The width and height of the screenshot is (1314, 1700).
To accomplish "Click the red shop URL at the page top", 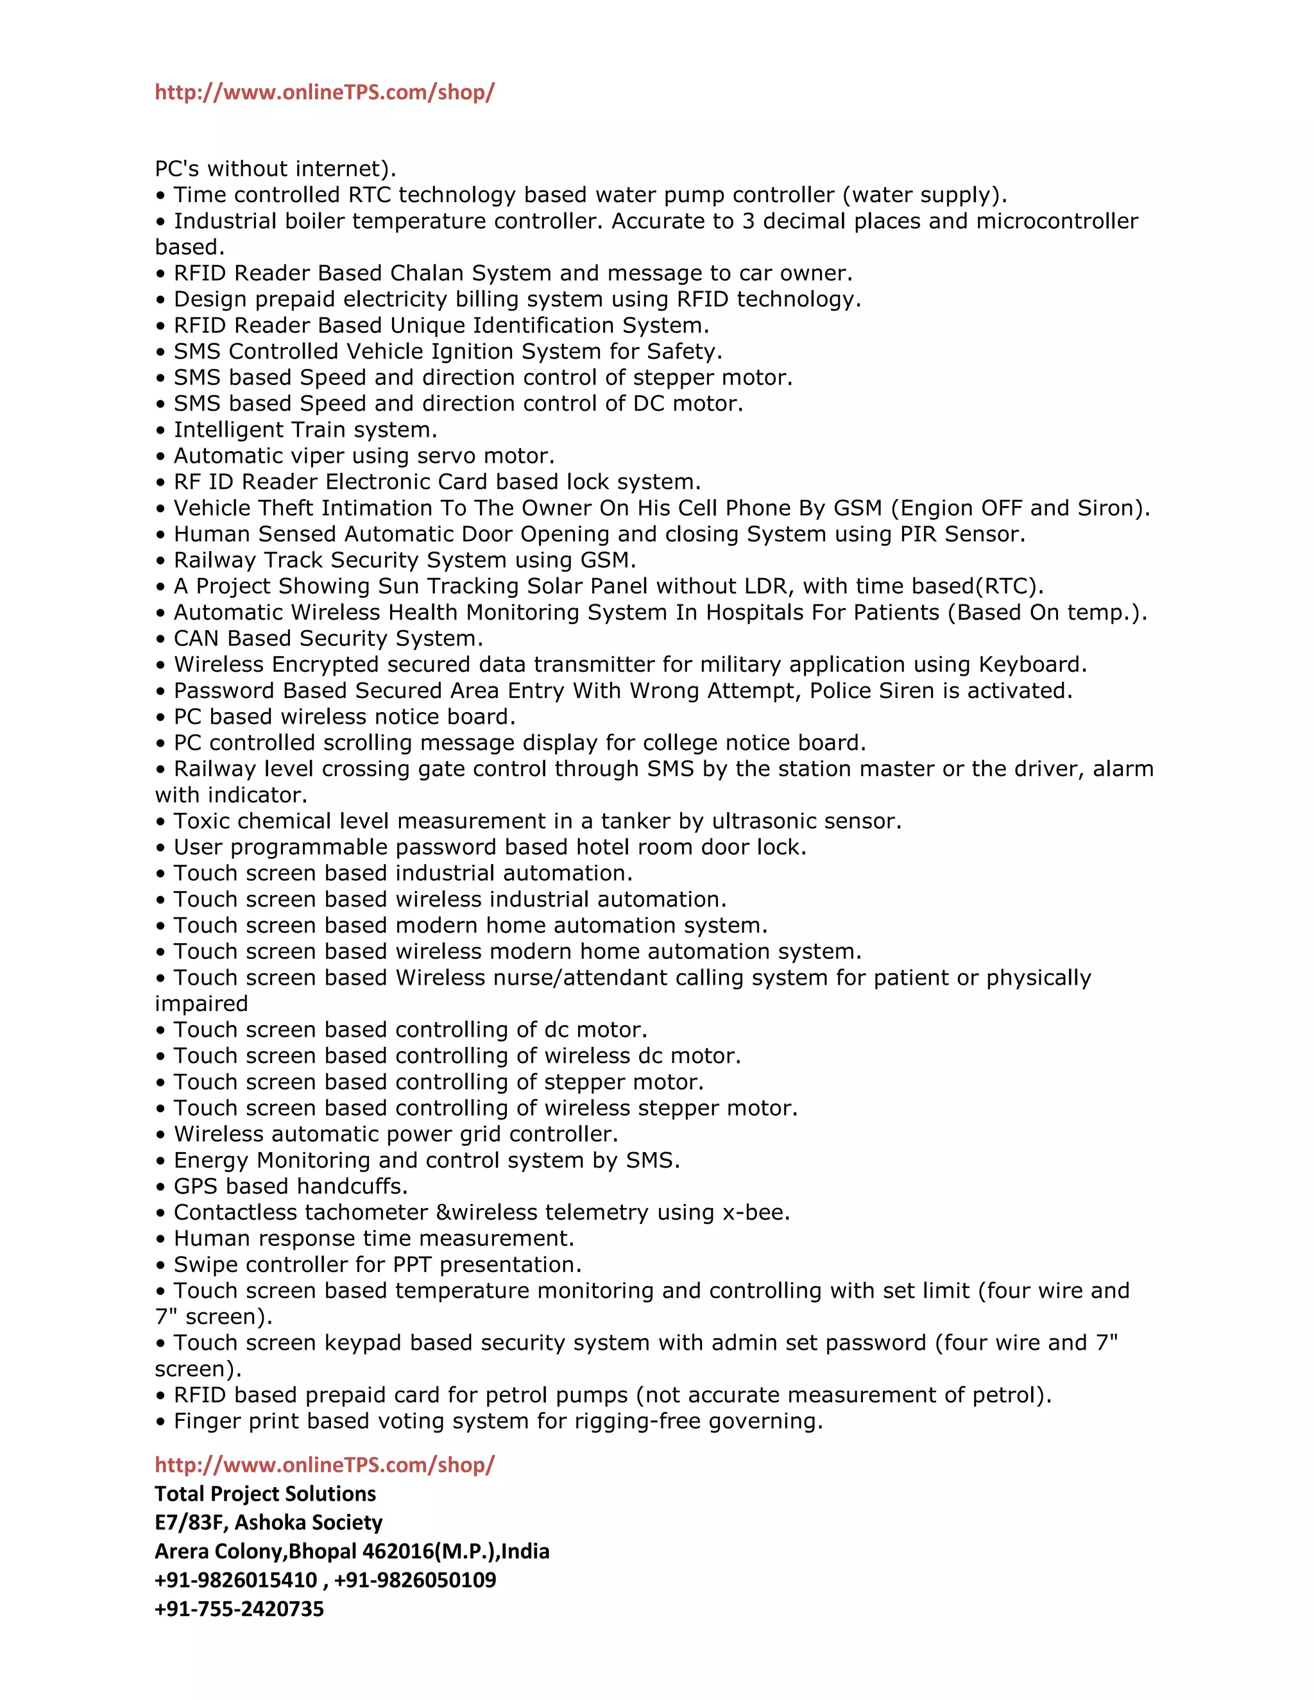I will [x=324, y=92].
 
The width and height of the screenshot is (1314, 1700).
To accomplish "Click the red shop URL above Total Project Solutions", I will [x=324, y=1465].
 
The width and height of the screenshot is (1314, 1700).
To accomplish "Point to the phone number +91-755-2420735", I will [x=239, y=1609].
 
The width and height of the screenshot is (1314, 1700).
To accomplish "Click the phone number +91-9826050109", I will [x=415, y=1580].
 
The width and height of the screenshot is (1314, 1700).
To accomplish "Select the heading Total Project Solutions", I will [x=265, y=1493].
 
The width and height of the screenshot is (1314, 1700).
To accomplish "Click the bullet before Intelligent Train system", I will [x=160, y=430].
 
